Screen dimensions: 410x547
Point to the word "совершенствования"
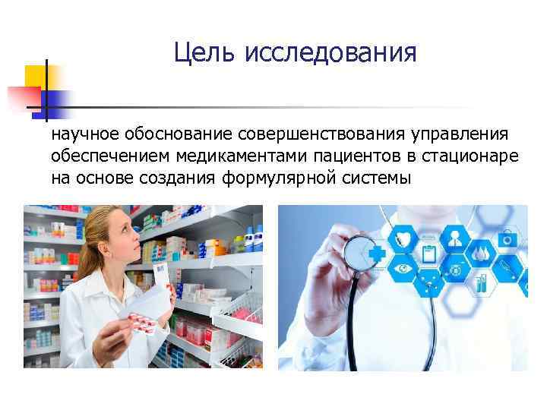pos(322,135)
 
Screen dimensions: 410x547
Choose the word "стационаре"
pos(472,156)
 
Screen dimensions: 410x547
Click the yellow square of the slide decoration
pos(36,76)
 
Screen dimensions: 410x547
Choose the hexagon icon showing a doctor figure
pos(456,238)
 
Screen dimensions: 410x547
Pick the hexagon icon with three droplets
pos(483,252)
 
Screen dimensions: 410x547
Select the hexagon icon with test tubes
pos(484,285)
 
